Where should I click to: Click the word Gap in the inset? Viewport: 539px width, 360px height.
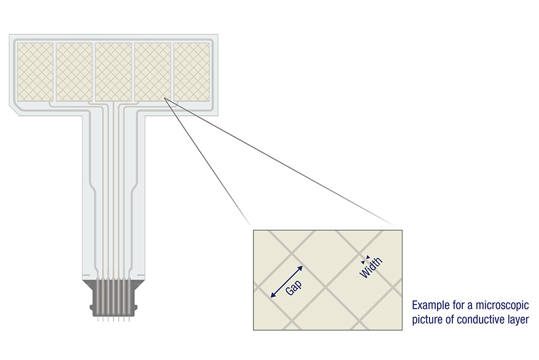pos(294,287)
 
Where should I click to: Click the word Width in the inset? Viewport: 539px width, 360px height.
pos(371,267)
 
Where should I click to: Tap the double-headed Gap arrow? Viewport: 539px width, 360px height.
pos(287,281)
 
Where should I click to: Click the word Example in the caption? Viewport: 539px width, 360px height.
pos(428,305)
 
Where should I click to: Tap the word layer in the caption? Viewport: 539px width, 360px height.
pos(518,320)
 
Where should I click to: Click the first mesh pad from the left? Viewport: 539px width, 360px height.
pos(35,72)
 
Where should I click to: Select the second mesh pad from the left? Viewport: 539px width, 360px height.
pos(74,72)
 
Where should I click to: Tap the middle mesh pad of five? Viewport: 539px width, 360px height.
pos(114,72)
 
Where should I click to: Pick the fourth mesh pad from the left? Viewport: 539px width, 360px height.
pos(153,72)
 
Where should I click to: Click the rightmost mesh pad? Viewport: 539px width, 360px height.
pos(192,72)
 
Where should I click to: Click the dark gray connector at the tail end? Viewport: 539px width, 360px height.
pos(114,298)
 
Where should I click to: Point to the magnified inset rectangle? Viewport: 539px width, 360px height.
pos(327,280)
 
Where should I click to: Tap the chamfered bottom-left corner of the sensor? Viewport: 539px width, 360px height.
pos(14,111)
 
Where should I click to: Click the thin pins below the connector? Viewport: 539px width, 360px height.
pos(114,319)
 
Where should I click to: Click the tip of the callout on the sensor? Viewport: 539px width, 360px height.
pos(165,98)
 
